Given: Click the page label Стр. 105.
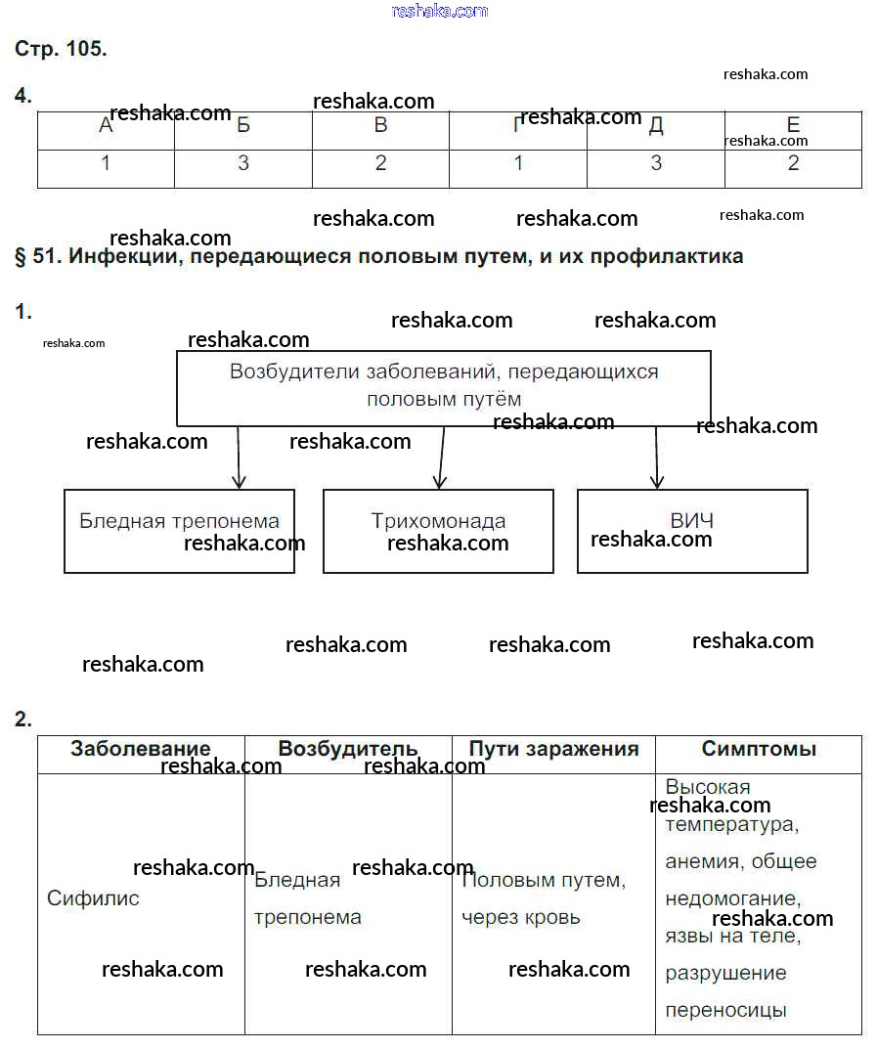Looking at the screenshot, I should pos(61,49).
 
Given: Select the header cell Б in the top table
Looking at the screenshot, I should pos(243,125).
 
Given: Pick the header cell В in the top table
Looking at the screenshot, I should pos(380,125).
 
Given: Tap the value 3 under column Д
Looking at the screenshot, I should pos(656,163).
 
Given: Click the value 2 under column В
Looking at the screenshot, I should pos(380,163).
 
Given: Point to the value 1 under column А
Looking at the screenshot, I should pos(106,163).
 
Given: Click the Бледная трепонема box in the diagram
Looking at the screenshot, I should pos(179,530).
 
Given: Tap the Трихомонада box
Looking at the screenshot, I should pos(438,530).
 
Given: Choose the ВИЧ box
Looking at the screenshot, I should pos(692,530).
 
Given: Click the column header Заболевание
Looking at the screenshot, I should pos(140,750).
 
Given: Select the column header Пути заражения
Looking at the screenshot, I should pos(553,750).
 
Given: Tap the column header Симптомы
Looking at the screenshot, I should pos(759,750).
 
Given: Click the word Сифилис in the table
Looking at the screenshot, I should pos(93,897).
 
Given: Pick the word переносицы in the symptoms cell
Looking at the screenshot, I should pos(725,1011).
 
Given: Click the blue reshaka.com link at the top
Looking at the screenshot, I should pos(439,11).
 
